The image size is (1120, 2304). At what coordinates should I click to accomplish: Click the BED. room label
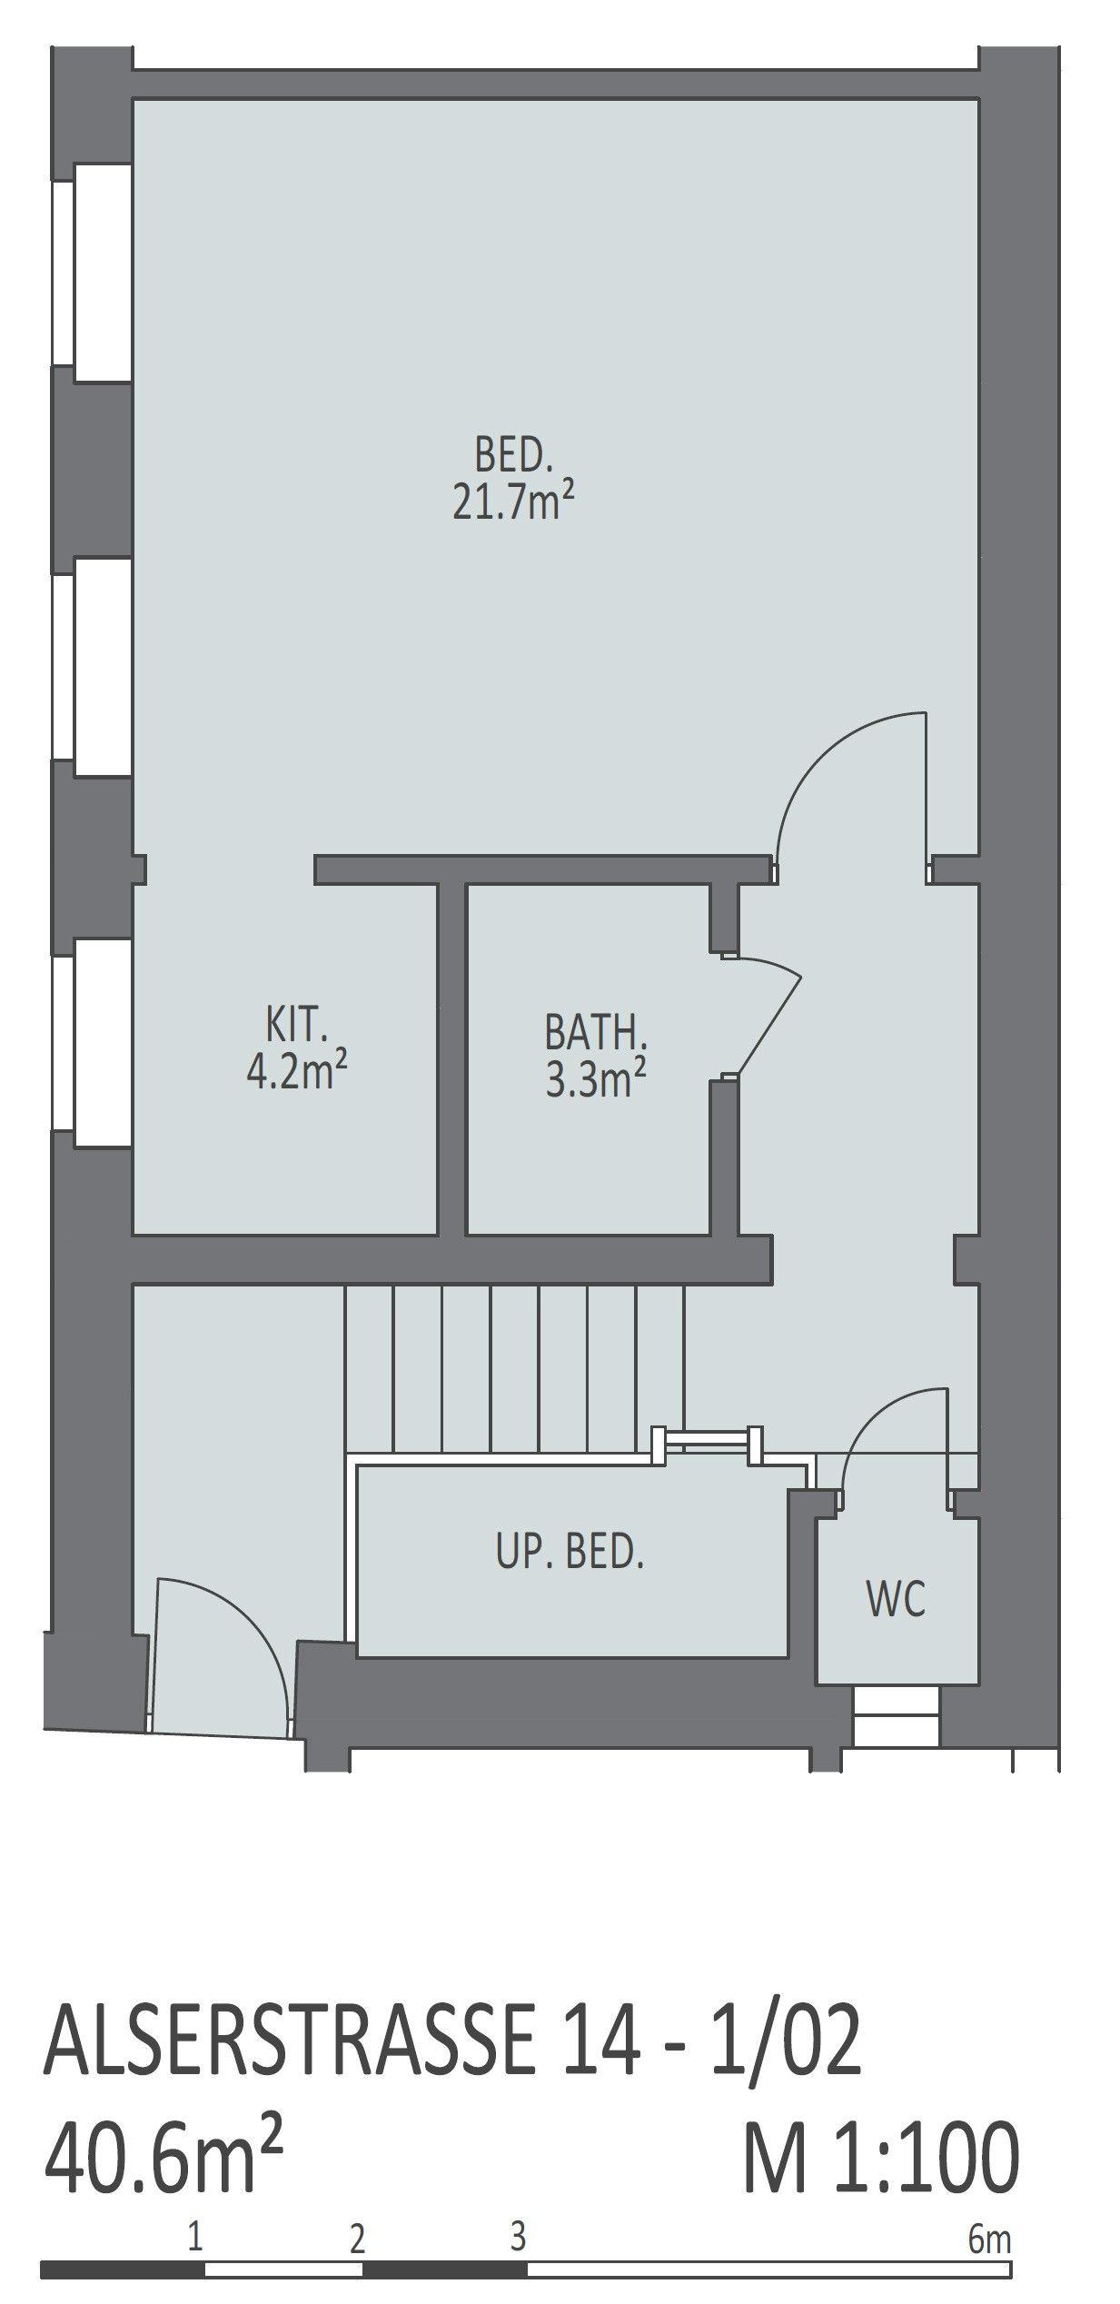[513, 455]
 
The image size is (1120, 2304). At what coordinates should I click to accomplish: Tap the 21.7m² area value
[514, 502]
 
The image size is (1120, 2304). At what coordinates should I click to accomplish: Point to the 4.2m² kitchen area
[297, 1072]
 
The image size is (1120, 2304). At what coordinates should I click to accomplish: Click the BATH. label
[595, 1035]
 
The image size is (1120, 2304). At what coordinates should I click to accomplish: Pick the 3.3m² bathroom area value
[595, 1080]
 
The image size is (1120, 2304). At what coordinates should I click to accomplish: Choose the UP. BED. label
[570, 1553]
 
